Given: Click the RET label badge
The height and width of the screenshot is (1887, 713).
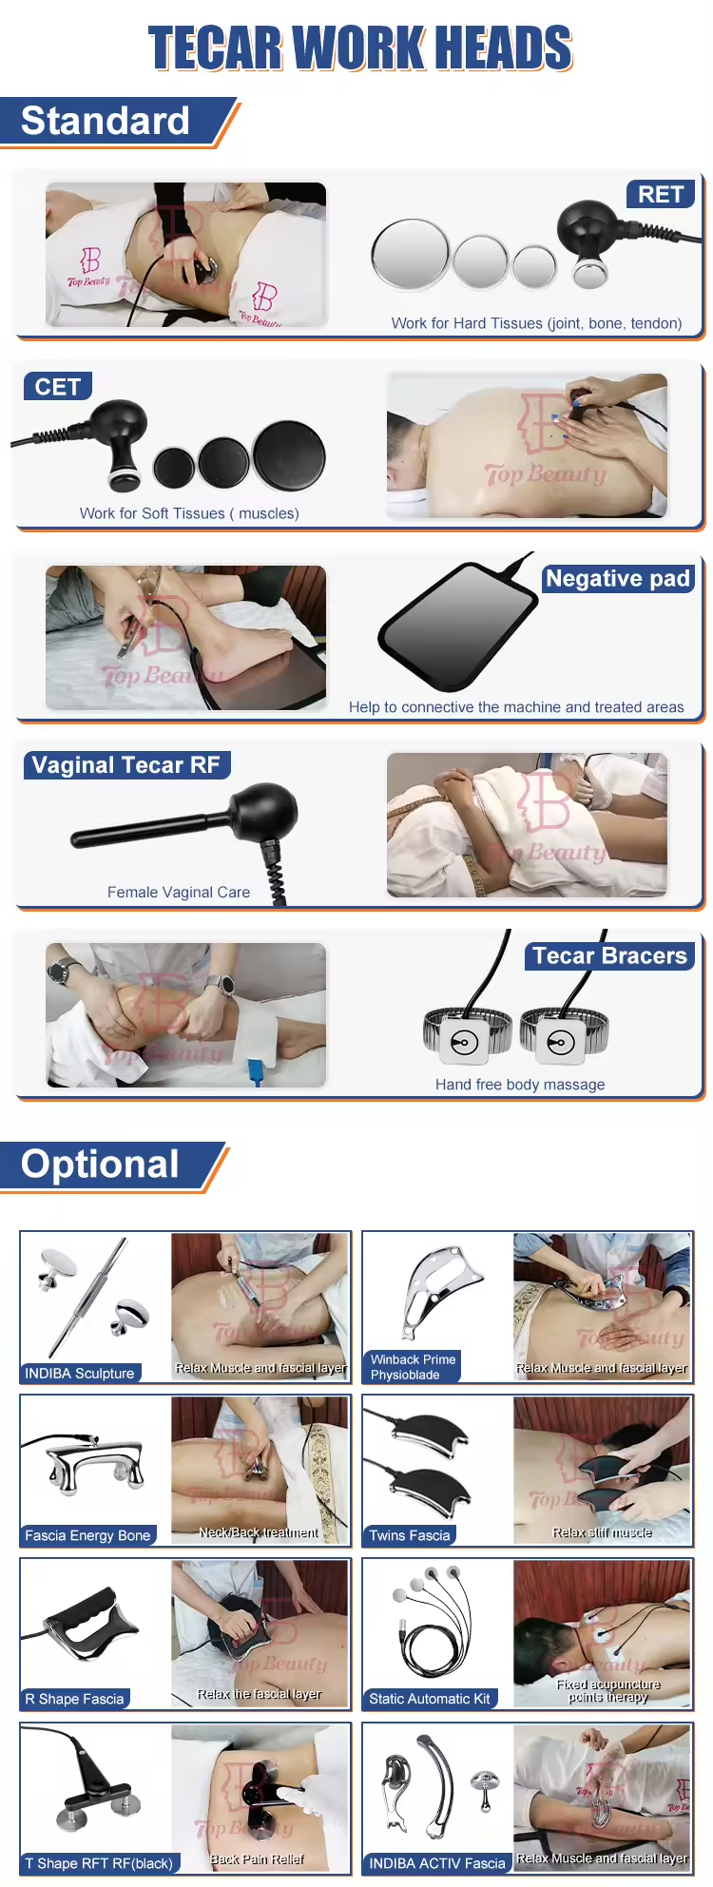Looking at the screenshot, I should coord(661,195).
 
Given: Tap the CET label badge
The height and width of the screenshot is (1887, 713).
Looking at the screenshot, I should coord(58,387).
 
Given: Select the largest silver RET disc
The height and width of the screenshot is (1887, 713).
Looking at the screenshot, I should coord(410,255).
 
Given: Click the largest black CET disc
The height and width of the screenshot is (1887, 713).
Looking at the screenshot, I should coord(289,456).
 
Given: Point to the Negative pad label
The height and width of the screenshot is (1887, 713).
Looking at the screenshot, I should coord(618,579).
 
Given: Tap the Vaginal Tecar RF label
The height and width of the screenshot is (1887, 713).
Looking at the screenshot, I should coord(126,765).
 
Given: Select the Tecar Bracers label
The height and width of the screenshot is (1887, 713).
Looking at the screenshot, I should coord(609,956).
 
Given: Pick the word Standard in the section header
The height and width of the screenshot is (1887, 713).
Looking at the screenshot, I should coord(106,122).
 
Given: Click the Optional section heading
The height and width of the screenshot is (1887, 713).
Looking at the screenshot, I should coord(101,1165).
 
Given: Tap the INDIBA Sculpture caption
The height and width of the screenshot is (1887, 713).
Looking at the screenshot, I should coord(80,1374).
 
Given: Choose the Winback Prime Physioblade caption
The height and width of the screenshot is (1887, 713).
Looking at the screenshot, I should coord(414,1367).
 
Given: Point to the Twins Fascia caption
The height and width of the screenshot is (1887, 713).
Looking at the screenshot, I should coord(410,1535).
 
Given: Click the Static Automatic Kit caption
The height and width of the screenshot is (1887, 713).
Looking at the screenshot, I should coord(430,1699).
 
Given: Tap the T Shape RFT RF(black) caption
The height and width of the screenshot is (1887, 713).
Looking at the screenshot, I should coord(100,1863).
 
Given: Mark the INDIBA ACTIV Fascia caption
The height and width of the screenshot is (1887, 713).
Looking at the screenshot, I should coord(437,1863).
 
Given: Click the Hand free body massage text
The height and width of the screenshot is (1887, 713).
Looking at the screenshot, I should coord(520,1085).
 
